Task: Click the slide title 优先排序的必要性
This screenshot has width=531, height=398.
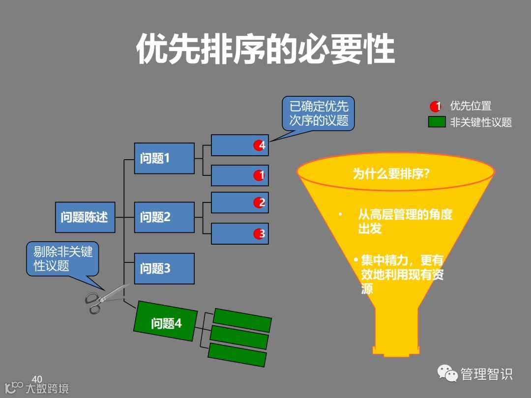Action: coord(265,49)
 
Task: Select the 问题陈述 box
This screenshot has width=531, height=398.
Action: coord(85,217)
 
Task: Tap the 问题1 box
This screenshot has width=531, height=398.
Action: coord(164,158)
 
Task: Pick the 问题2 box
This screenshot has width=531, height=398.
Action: coord(164,217)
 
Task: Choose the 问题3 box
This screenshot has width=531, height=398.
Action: coord(164,268)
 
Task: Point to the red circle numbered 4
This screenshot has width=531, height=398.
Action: coord(260,145)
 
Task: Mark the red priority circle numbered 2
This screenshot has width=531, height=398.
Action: coord(260,202)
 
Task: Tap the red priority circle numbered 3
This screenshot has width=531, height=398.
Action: coord(260,234)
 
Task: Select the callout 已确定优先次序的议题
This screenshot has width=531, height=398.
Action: coord(318,114)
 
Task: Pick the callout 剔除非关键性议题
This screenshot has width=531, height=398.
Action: coord(62,259)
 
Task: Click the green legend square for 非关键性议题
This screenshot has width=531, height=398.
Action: coord(437,122)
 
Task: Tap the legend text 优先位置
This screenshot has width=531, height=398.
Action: coord(471,106)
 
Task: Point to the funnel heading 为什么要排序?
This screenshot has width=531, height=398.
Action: coord(391,174)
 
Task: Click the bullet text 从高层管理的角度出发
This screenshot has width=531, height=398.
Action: coord(405,222)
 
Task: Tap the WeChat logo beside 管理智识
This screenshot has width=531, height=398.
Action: coord(448,374)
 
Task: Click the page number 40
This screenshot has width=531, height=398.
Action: coord(37,379)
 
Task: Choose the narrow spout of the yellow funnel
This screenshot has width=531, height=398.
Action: coord(396,329)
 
